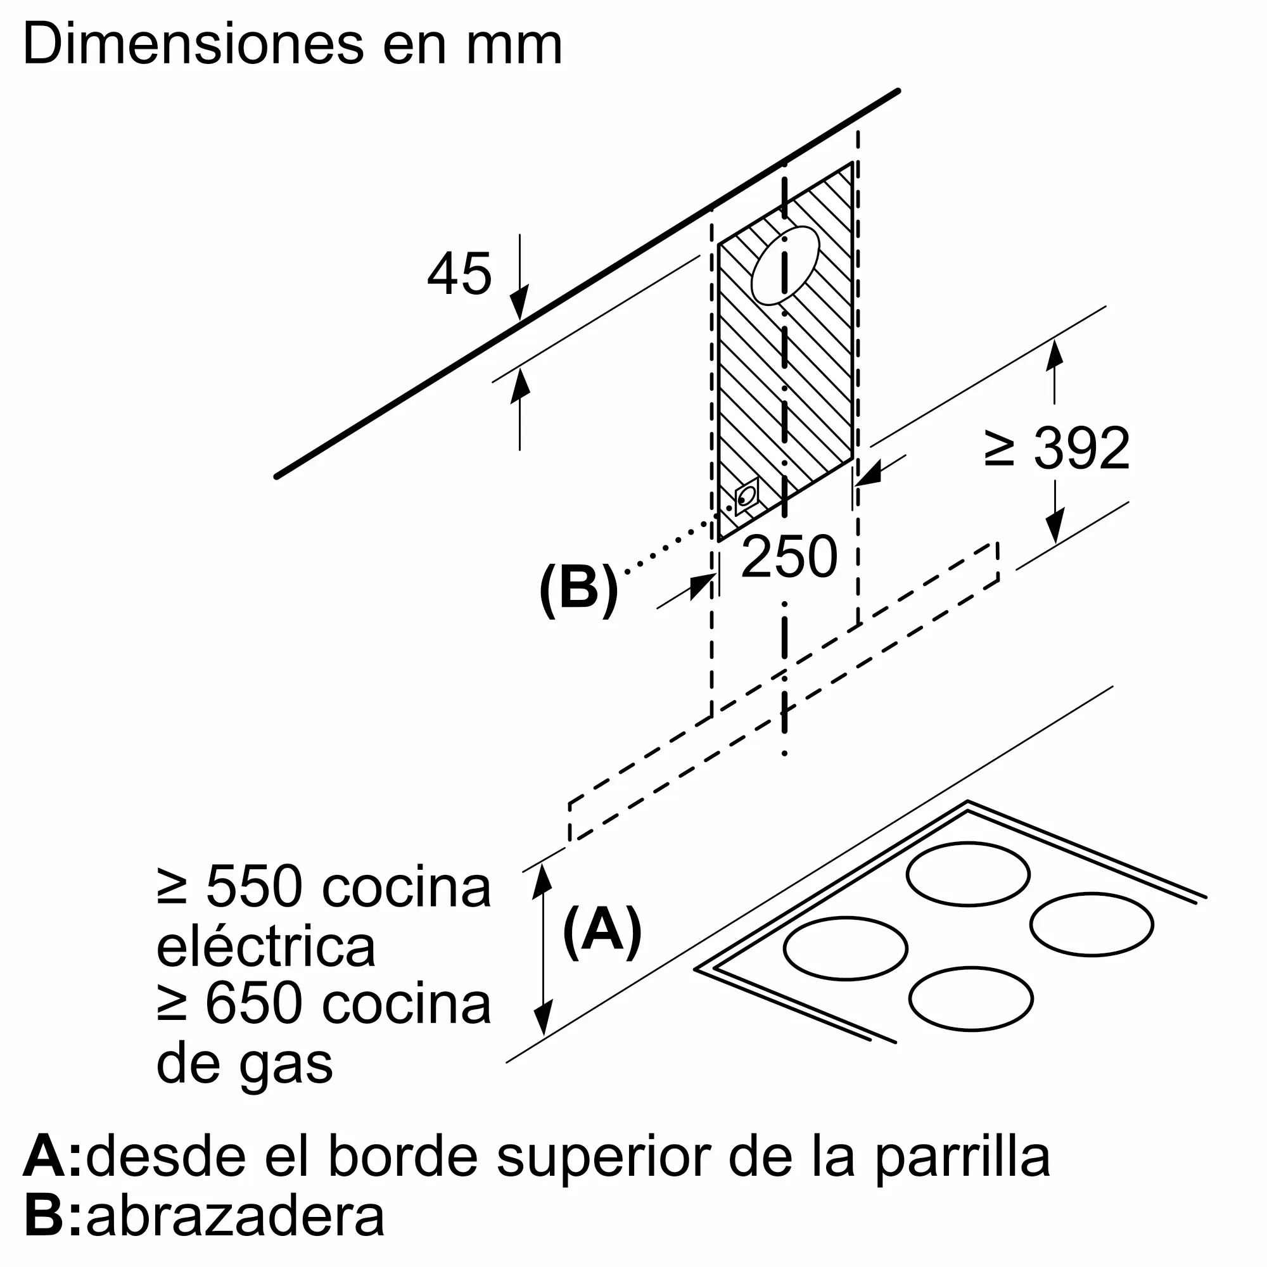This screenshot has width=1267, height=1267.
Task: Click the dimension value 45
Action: pyautogui.click(x=459, y=273)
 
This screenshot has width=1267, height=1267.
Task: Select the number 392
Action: pyautogui.click(x=1082, y=448)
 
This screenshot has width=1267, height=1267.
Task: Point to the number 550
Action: pyautogui.click(x=255, y=887)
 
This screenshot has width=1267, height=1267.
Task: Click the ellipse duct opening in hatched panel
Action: pyautogui.click(x=785, y=265)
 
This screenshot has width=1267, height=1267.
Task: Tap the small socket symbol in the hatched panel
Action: pyautogui.click(x=746, y=497)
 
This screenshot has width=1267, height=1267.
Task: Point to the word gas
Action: pyautogui.click(x=286, y=1067)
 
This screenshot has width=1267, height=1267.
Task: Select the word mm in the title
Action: pyautogui.click(x=514, y=50)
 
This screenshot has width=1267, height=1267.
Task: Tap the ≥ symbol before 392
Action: pyautogui.click(x=1000, y=448)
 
